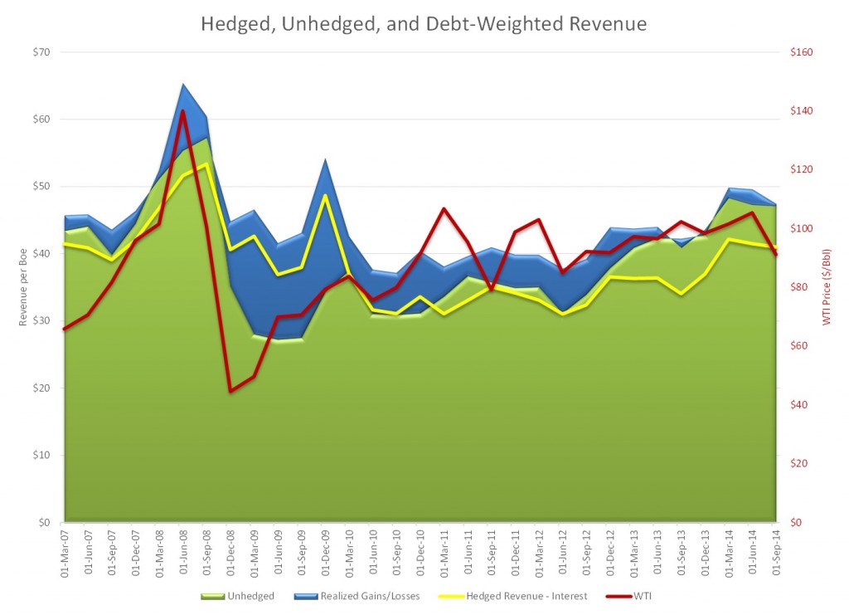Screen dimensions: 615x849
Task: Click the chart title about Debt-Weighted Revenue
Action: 424,24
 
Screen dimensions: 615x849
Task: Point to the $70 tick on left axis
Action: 41,52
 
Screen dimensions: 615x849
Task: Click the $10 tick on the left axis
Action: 41,456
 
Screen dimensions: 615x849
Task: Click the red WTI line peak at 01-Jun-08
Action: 182,110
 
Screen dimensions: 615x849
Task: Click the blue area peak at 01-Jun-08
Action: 182,84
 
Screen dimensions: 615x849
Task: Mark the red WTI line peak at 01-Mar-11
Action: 444,208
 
